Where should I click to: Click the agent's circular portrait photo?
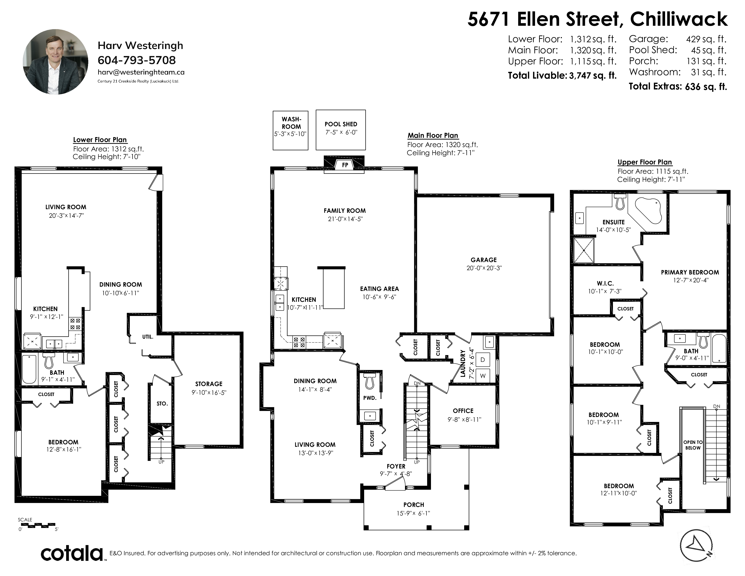pos(55,61)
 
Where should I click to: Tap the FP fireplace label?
pos(345,165)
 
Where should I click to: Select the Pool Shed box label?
pos(341,124)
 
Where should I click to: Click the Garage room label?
pos(484,260)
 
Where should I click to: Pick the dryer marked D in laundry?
pos(483,360)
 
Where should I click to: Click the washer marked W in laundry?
pos(483,376)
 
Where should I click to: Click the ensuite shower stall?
pos(584,250)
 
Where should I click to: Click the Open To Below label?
pos(693,445)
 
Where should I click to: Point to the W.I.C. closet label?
pos(605,283)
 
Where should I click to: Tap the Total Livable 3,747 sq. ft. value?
pos(593,75)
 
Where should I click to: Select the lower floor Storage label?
pos(209,384)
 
